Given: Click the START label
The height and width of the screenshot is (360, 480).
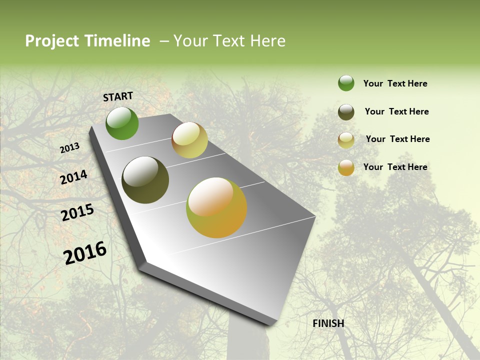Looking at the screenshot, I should (x=118, y=96).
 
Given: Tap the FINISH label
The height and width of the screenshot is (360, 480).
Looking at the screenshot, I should (x=328, y=323).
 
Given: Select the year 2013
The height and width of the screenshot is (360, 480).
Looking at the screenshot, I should (x=70, y=148).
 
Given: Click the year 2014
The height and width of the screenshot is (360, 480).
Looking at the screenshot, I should (x=74, y=177).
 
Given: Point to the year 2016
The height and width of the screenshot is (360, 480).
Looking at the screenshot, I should (x=85, y=253).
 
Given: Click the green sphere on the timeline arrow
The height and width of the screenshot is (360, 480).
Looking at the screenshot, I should (x=122, y=123).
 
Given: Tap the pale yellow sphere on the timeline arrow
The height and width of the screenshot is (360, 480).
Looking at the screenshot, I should (x=189, y=140).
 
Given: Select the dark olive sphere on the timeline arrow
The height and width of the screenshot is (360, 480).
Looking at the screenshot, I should (x=145, y=180).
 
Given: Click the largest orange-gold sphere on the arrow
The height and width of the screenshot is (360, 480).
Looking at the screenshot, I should (x=216, y=207).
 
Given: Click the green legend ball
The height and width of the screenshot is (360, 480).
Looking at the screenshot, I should (x=346, y=83).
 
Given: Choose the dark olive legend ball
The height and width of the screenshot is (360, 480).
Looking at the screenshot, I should (x=346, y=112).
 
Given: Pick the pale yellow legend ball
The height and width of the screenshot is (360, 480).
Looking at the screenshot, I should (x=346, y=140).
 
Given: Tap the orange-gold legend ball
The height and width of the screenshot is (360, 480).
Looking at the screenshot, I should (x=346, y=167).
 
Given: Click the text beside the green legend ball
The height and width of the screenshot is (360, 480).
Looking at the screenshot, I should (x=395, y=83).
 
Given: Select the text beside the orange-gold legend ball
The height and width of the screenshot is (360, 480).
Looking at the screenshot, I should (x=395, y=167).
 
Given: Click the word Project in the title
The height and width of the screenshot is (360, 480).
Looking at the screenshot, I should (x=52, y=41).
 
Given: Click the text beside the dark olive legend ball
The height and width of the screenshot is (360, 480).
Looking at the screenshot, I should (x=396, y=111).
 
